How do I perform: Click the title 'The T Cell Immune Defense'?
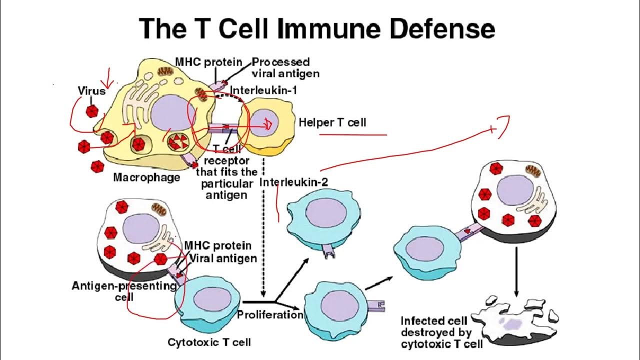click(316, 28)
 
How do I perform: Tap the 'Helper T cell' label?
click(332, 122)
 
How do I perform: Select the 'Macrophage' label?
click(146, 177)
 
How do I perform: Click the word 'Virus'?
click(91, 91)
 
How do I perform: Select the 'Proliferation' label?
click(270, 315)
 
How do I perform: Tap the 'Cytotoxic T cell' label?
click(209, 342)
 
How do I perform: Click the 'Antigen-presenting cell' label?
click(124, 290)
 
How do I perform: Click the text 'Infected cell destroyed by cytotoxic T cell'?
click(441, 332)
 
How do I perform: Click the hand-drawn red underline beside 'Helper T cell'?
click(353, 134)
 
